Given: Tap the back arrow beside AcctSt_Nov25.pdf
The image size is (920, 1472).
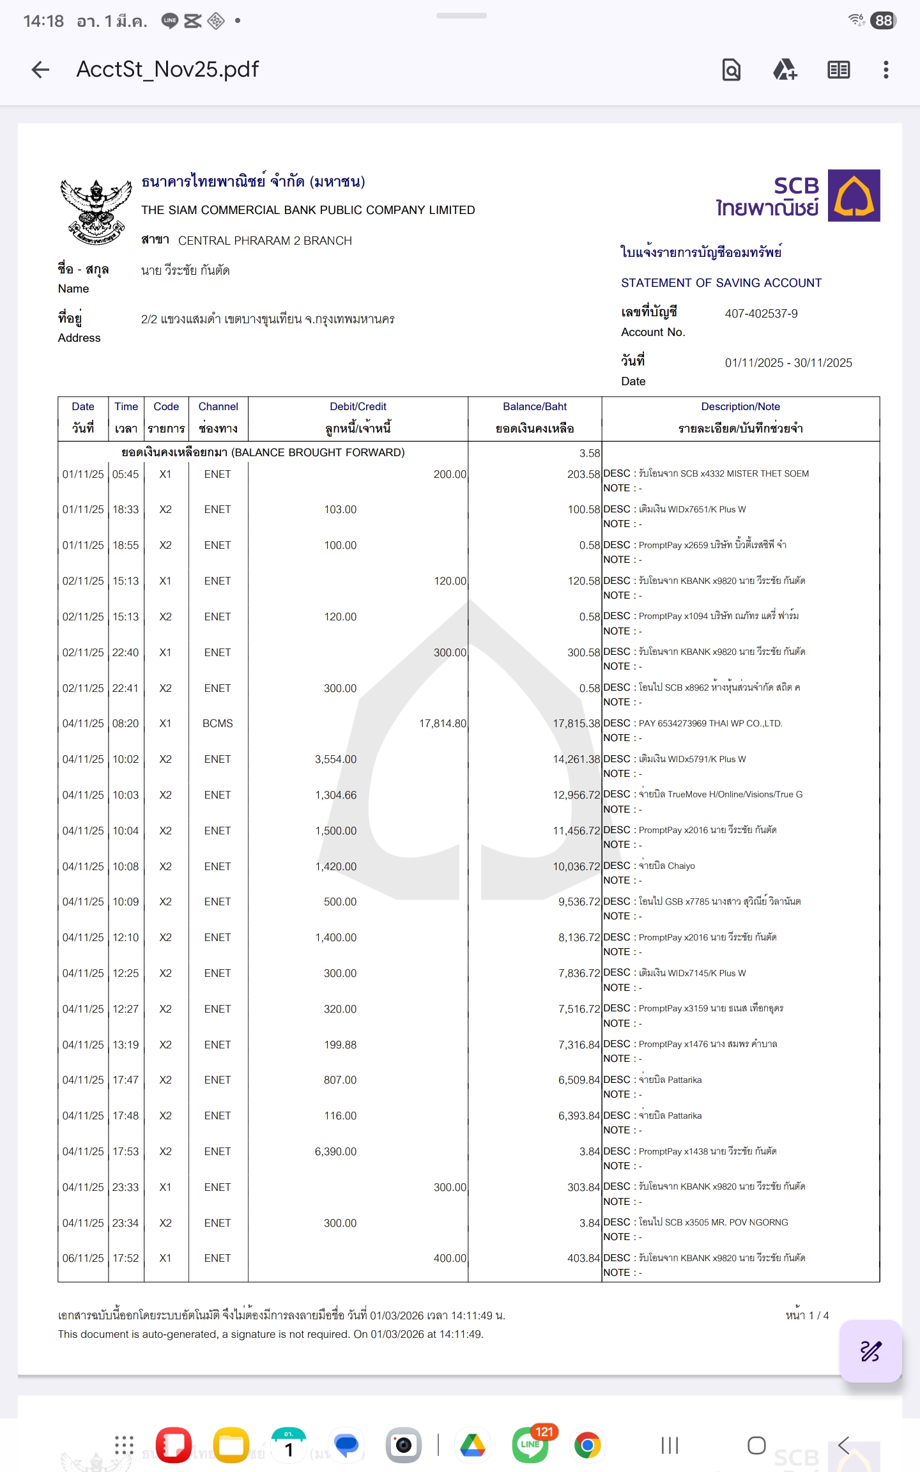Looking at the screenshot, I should (40, 70).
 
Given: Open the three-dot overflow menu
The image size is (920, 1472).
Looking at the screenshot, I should (885, 70).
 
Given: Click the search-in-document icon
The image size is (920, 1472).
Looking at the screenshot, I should (732, 70).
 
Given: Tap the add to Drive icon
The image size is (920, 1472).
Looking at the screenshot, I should (785, 70).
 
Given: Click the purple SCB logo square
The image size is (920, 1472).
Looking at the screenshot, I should (854, 195).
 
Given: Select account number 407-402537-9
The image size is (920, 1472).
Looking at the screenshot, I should (761, 314).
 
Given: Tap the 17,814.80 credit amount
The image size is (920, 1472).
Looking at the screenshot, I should (443, 723).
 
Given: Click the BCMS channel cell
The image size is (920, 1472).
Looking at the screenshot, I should (218, 723).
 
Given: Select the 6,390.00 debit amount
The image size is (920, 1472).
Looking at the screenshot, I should (335, 1151).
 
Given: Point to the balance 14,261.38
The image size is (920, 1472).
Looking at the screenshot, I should (576, 759).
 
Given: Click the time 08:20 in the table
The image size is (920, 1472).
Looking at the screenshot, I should (125, 723).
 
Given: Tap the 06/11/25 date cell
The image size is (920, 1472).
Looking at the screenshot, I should (83, 1258).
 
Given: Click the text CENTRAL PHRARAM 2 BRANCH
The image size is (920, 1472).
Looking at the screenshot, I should (265, 241).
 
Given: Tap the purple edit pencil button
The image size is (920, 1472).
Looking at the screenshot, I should (870, 1351).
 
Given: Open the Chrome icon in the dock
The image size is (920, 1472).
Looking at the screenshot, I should (587, 1445).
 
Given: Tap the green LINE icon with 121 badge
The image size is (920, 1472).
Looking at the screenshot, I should (530, 1445).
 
